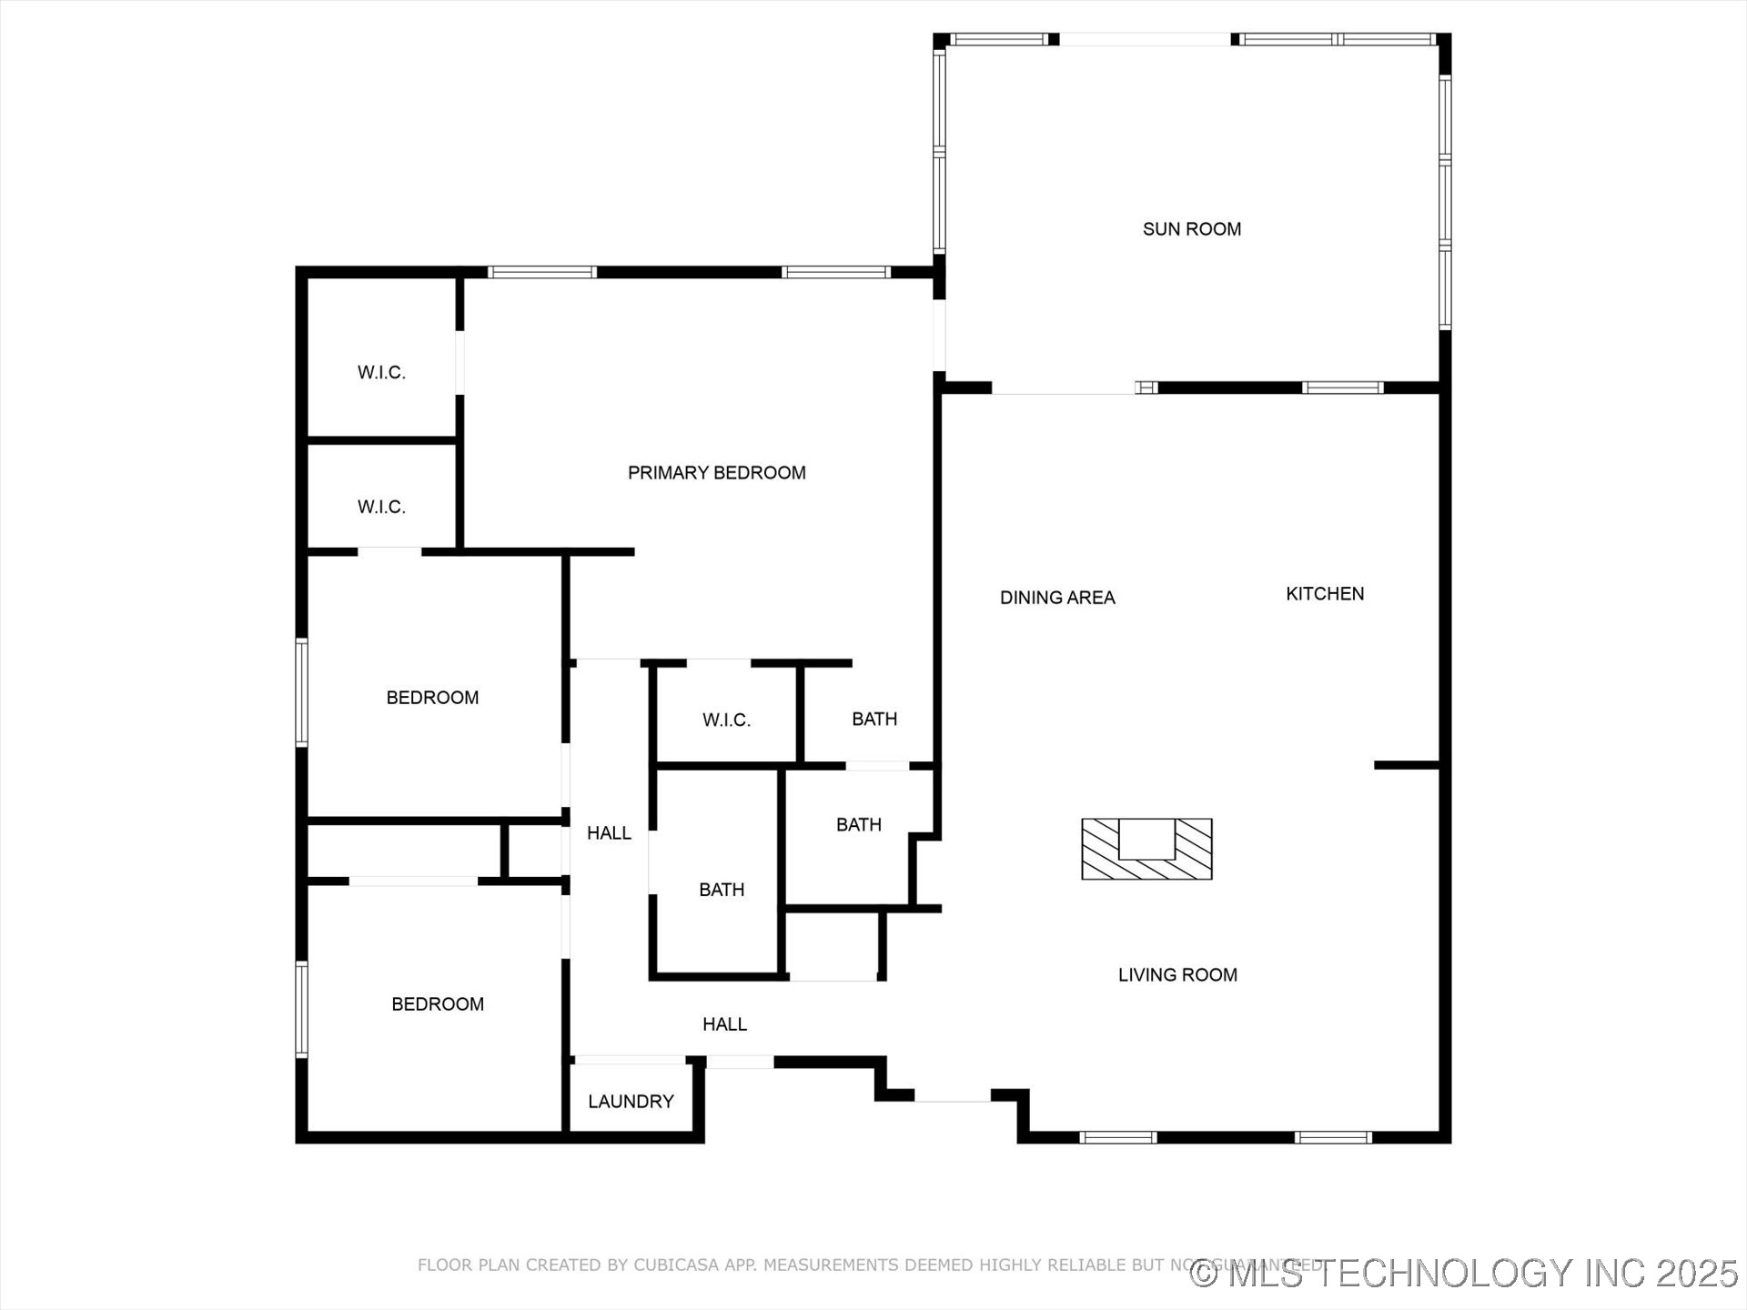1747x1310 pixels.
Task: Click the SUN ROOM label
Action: [1191, 229]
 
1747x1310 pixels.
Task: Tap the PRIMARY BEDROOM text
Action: [716, 473]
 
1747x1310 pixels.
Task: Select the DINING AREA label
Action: [1057, 598]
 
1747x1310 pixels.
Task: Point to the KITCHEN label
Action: [1324, 594]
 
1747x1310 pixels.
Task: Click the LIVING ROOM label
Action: [1177, 975]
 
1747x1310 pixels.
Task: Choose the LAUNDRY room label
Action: [631, 1102]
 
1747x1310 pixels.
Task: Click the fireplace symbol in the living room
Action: [1146, 849]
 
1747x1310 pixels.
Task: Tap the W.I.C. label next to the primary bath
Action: [726, 720]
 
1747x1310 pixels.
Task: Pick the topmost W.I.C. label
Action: [381, 372]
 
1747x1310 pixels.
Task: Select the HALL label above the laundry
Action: [724, 1024]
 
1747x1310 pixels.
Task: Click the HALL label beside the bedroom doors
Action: [609, 833]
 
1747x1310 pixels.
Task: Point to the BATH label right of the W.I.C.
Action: [874, 720]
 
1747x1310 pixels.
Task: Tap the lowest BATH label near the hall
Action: [722, 890]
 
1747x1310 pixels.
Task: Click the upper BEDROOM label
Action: [432, 698]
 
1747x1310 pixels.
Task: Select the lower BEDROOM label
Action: [438, 1004]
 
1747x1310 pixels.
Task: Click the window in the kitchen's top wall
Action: [1342, 388]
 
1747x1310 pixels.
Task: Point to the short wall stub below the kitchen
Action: [1406, 765]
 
